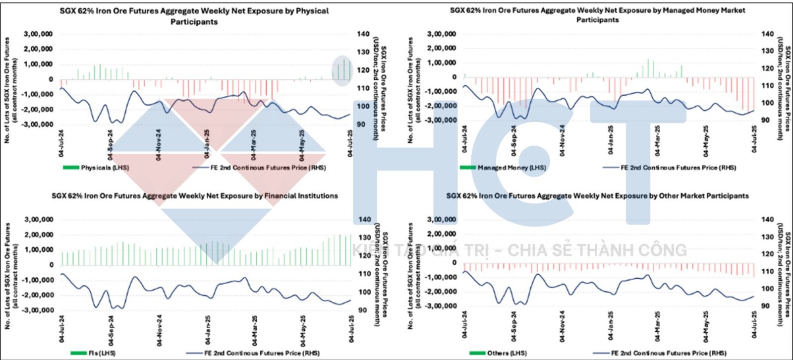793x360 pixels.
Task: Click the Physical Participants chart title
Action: point(194,16)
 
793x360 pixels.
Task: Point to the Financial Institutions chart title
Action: point(195,196)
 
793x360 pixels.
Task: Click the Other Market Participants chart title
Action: point(597,196)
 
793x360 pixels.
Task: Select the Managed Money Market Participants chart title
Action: point(597,15)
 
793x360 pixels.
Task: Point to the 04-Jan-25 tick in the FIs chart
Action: point(208,330)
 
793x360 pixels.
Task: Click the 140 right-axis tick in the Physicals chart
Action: point(363,34)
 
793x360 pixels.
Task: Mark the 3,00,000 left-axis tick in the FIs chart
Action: point(39,219)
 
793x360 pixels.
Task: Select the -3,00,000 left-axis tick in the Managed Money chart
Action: point(442,120)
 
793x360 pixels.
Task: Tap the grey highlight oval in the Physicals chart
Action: point(342,71)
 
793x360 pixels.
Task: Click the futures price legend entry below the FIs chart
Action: point(262,353)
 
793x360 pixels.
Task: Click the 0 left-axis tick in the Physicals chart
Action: point(51,79)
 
